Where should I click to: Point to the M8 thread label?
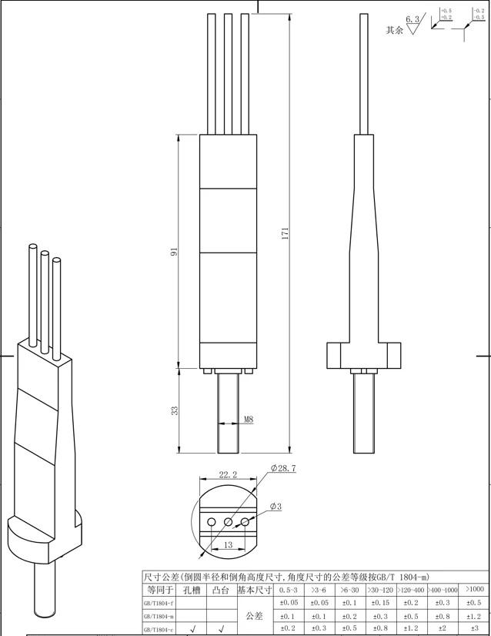point(249,420)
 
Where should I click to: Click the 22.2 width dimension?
point(227,475)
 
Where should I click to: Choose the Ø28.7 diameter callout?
point(283,468)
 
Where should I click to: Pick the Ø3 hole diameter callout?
point(276,506)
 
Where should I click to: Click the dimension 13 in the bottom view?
point(228,544)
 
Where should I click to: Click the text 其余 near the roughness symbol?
point(394,31)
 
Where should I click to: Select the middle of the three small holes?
point(229,522)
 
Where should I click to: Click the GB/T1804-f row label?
point(159,603)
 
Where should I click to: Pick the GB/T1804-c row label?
point(159,629)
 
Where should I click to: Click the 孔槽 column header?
point(192,590)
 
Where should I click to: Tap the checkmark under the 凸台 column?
point(221,629)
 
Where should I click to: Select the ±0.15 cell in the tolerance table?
point(380,603)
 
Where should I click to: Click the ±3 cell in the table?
point(474,629)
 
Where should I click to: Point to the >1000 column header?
point(474,589)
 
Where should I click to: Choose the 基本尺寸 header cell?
point(255,590)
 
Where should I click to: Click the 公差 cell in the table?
point(255,616)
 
